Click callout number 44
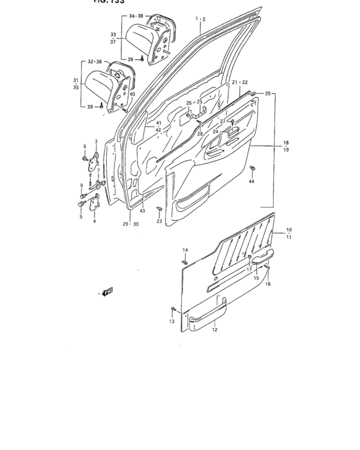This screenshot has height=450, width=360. (251, 182)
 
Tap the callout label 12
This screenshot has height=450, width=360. (215, 330)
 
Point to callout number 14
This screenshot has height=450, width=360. (184, 249)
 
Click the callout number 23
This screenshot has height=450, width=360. (159, 221)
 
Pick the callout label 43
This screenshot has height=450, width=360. (143, 211)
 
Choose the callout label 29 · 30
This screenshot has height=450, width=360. (130, 224)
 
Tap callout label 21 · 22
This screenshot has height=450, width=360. (240, 82)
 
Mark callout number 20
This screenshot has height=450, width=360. (267, 94)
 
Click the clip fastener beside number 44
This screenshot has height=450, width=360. (251, 170)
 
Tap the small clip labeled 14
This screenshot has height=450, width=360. (184, 261)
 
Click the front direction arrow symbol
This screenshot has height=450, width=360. (107, 292)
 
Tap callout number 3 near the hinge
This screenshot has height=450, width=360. (96, 141)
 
